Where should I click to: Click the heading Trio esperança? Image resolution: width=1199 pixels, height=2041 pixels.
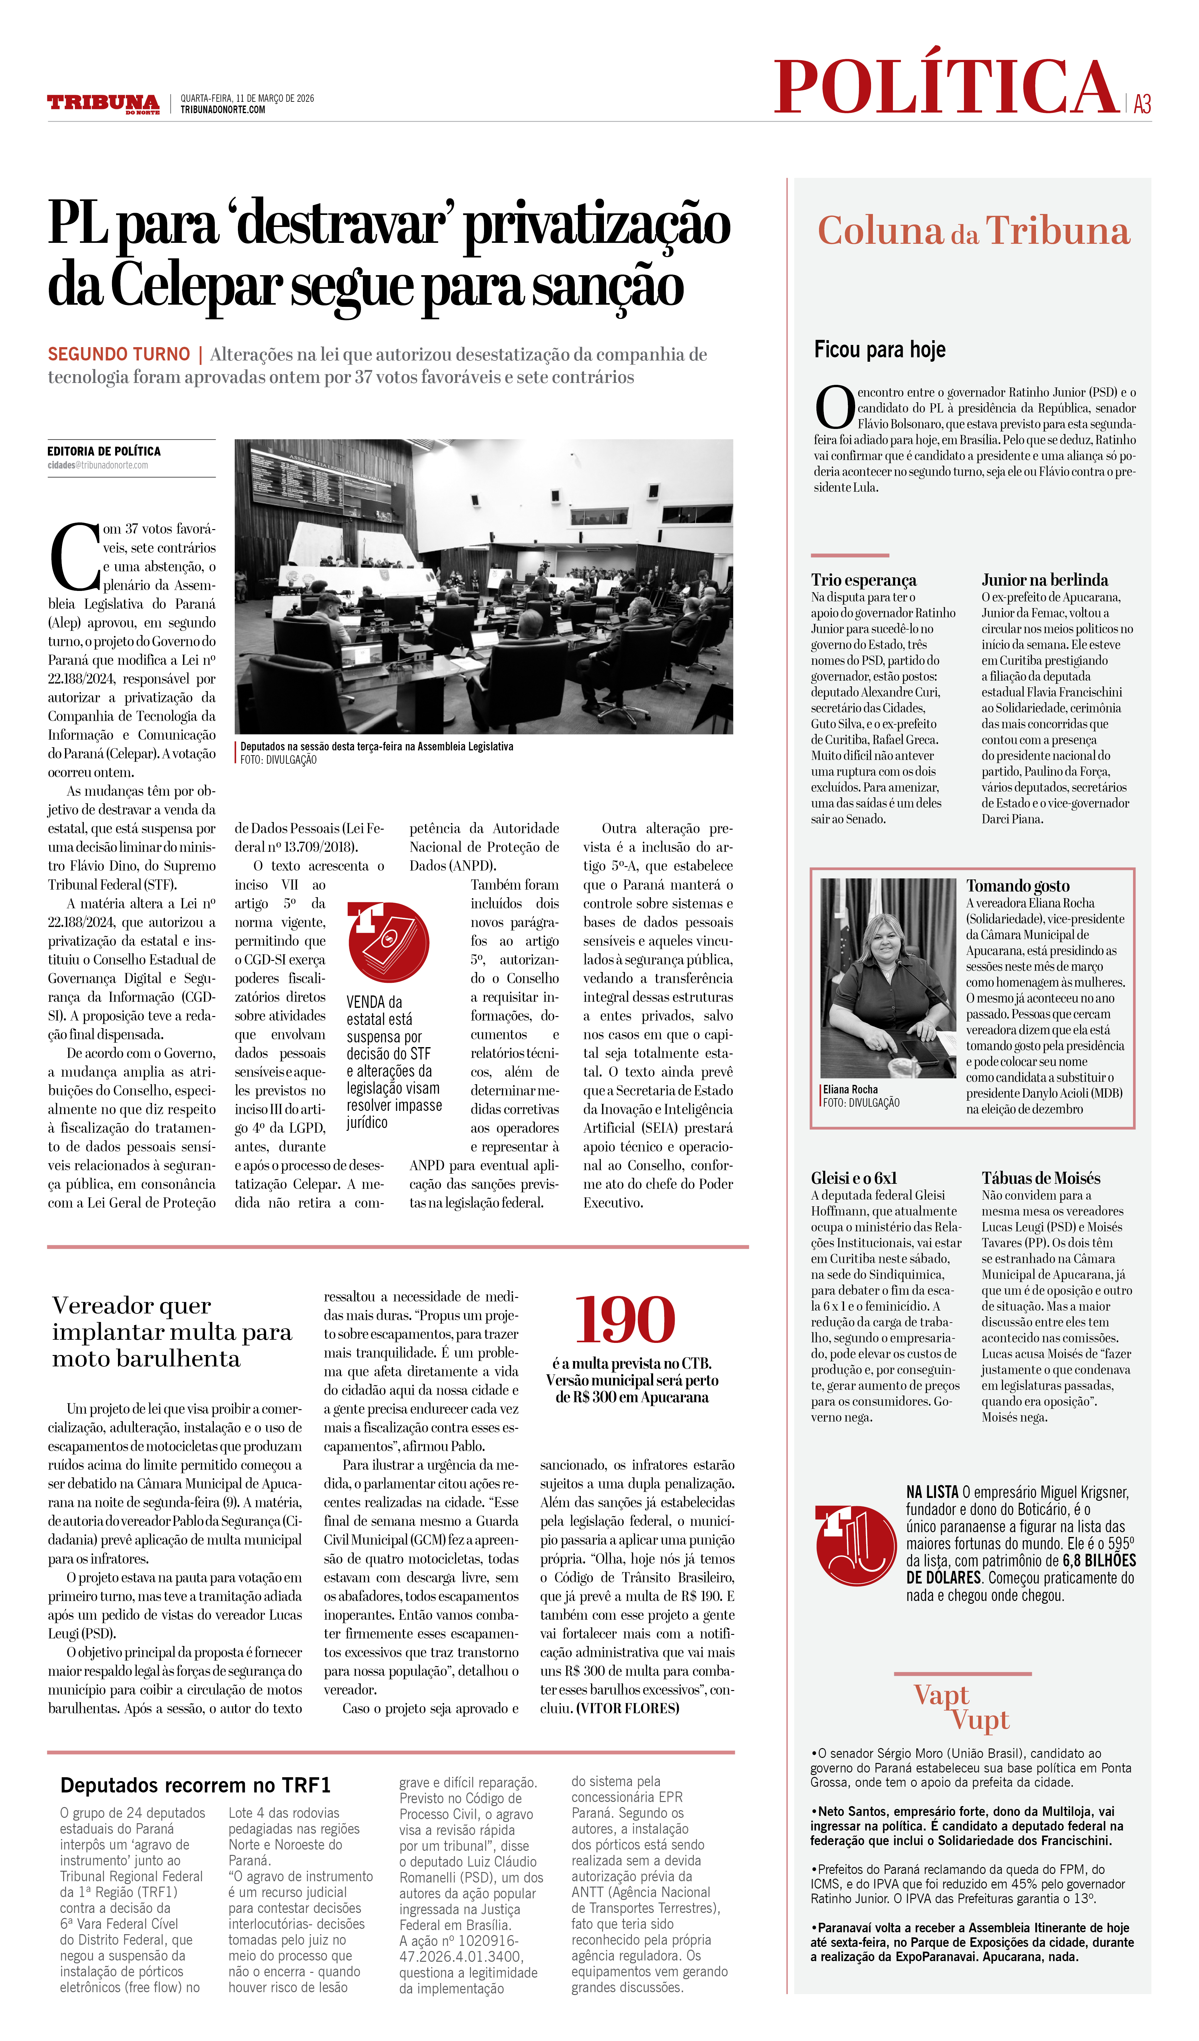tap(864, 580)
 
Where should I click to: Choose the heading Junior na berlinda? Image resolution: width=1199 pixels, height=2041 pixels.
tap(1044, 580)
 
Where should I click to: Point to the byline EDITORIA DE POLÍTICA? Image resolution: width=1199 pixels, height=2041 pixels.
tap(104, 451)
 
